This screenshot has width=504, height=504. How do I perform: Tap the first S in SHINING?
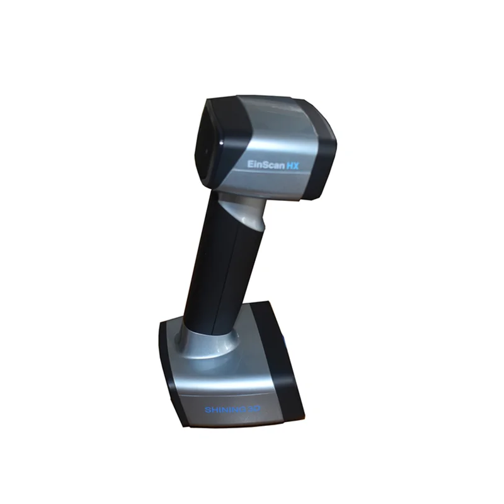click(207, 410)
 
